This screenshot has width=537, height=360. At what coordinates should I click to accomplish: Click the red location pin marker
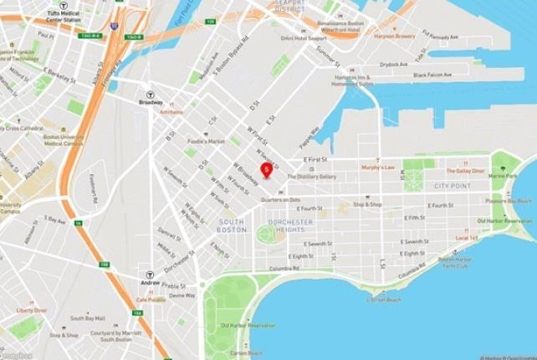(x=266, y=170)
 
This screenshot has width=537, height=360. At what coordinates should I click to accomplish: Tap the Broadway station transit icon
(x=151, y=95)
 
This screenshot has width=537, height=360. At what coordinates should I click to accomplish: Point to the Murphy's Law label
(x=376, y=167)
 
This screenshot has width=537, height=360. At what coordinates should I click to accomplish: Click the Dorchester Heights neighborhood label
(x=289, y=225)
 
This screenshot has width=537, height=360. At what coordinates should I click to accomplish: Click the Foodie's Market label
(x=205, y=141)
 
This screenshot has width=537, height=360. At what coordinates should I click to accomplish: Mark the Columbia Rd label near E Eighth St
(x=285, y=269)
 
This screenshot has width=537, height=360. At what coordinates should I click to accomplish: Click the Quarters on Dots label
(x=280, y=199)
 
